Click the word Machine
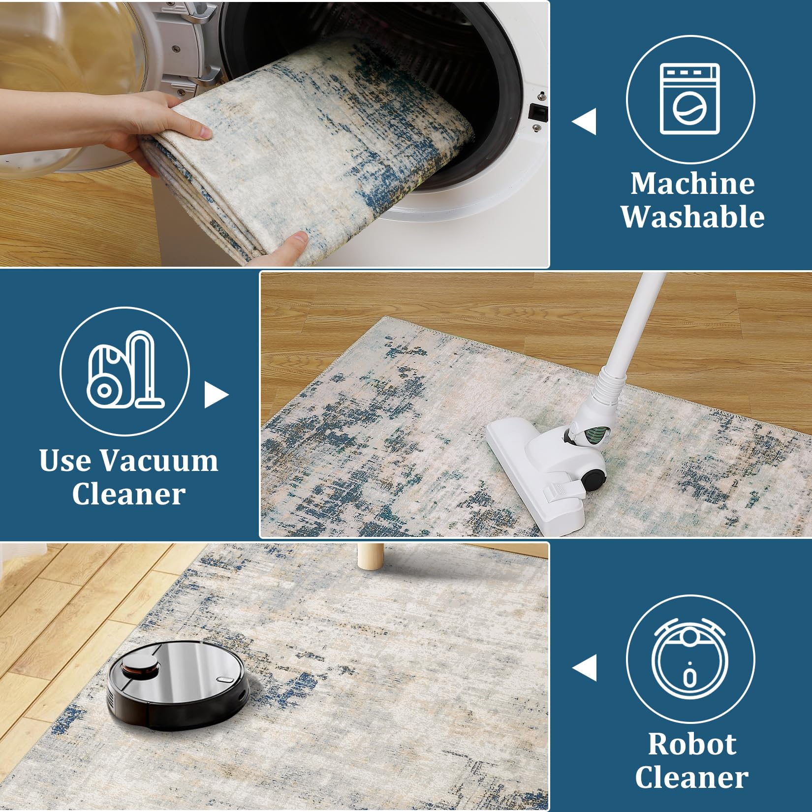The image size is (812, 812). (692, 184)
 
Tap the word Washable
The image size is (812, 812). (692, 217)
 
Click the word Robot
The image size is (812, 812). (692, 744)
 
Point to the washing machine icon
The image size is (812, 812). (690, 98)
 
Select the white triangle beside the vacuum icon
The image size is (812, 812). (217, 394)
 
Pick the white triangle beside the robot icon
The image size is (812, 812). (585, 668)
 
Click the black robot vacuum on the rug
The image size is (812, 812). (178, 684)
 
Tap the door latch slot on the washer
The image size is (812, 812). (538, 113)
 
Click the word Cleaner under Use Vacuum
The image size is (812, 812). (129, 494)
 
